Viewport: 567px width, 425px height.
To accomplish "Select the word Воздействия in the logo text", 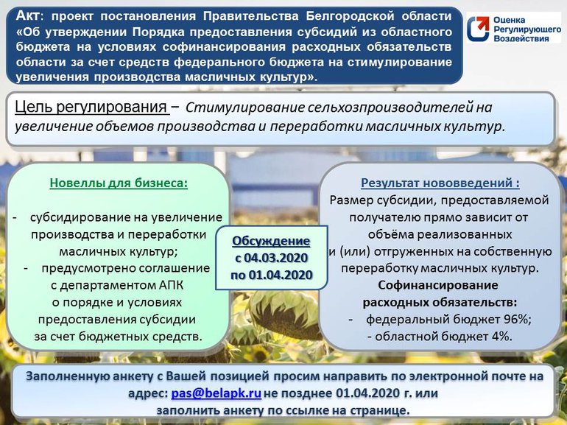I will pyautogui.click(x=524, y=38).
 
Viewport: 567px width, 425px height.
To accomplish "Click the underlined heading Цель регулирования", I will pyautogui.click(x=89, y=108).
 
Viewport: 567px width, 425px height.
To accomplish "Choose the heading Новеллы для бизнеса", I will pyautogui.click(x=119, y=183).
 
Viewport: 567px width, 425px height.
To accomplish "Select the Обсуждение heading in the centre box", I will pyautogui.click(x=271, y=242).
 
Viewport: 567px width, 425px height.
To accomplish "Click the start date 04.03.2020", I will pyautogui.click(x=279, y=259).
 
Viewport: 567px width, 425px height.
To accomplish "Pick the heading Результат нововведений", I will pyautogui.click(x=440, y=183).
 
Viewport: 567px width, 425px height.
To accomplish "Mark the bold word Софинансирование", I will pyautogui.click(x=437, y=285).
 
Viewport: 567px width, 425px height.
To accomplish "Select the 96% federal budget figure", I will pyautogui.click(x=516, y=319).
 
